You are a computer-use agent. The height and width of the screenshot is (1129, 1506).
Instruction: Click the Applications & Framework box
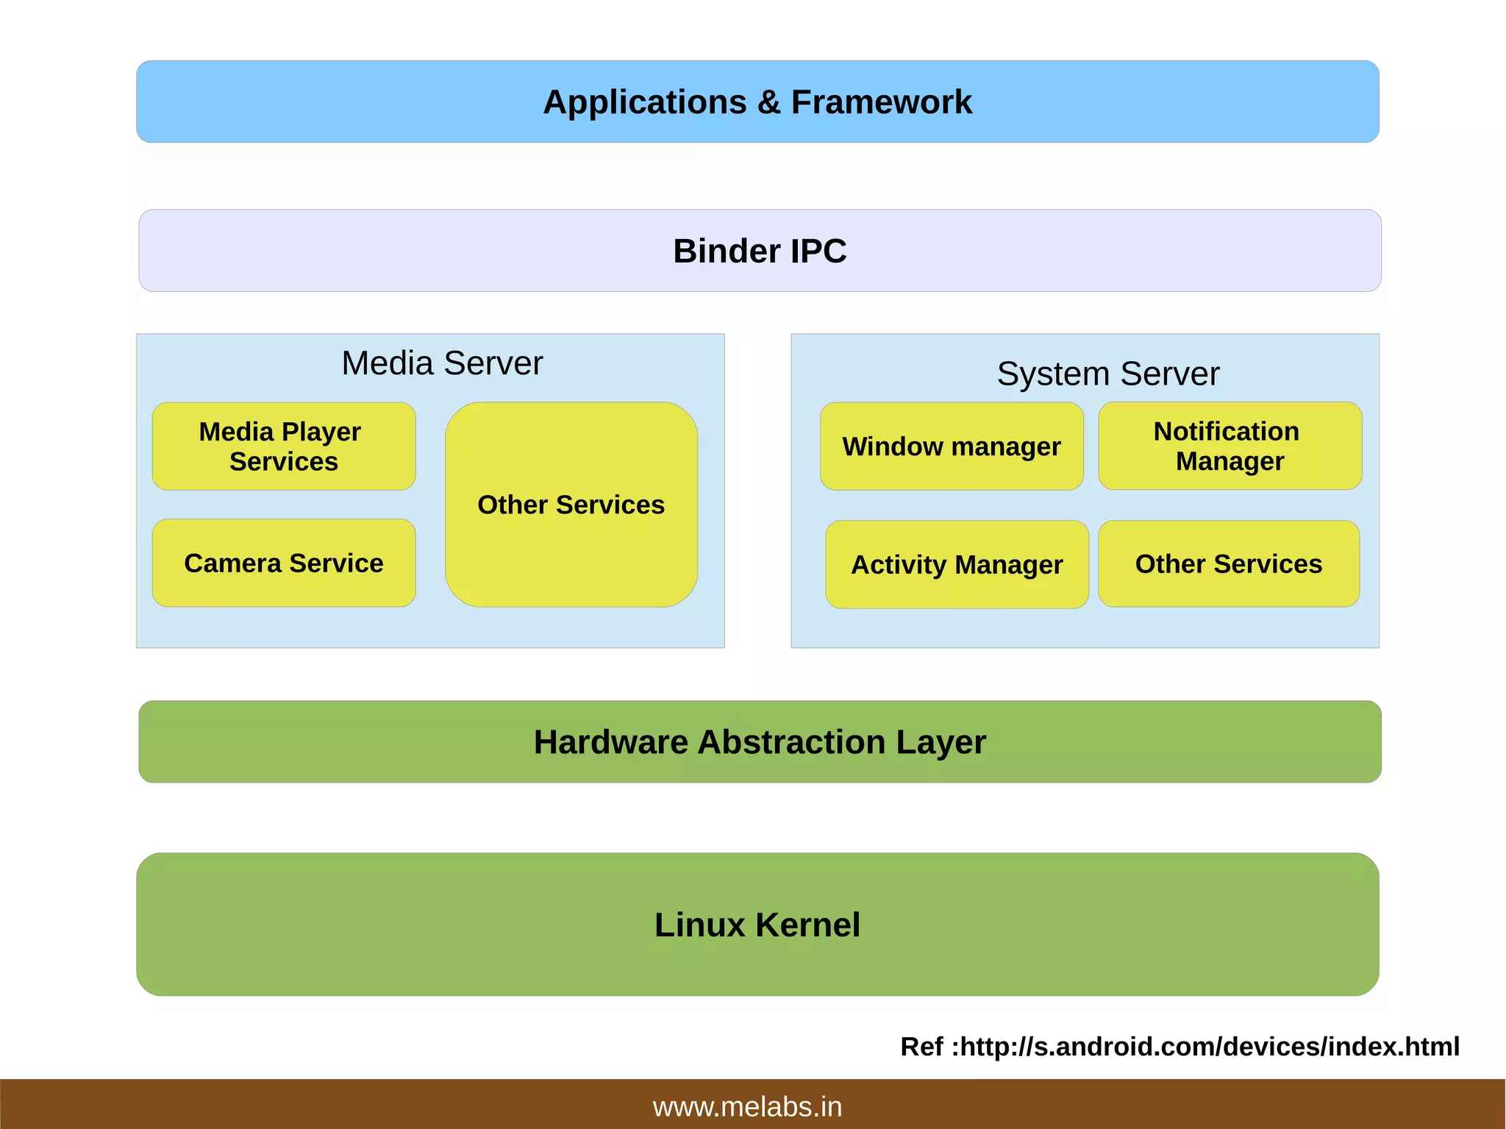tap(757, 101)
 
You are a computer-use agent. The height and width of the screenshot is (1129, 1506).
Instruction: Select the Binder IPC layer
tap(760, 251)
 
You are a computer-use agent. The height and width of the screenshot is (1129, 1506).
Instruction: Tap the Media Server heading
tap(442, 363)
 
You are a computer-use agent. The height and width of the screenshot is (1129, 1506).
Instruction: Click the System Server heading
tap(1107, 374)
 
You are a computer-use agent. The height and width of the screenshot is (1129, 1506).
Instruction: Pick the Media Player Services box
tap(283, 446)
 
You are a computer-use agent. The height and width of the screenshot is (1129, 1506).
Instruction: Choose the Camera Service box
tap(283, 563)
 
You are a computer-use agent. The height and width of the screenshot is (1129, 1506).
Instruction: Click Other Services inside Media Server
tap(571, 505)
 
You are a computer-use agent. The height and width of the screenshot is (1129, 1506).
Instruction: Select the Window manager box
tap(952, 446)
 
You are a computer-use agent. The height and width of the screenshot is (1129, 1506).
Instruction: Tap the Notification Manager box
tap(1229, 446)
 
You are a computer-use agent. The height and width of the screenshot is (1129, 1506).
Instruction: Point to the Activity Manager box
tap(957, 564)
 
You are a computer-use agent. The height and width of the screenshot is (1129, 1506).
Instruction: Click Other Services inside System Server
tap(1228, 563)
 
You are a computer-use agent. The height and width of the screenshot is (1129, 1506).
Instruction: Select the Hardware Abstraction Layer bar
tap(760, 741)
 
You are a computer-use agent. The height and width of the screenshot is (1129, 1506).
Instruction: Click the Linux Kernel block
tap(757, 925)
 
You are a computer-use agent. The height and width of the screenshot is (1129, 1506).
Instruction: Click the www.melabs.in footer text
tap(747, 1106)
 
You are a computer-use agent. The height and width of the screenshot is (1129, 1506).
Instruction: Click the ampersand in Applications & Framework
tap(768, 102)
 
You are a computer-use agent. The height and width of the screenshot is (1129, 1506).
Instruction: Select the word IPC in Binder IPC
tap(818, 251)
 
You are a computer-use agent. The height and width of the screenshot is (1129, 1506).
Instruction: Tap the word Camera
tap(232, 563)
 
